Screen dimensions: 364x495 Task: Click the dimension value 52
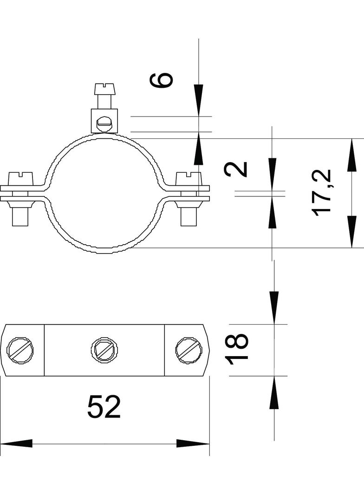coord(104,407)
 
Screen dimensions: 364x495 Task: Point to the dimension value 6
coord(161,79)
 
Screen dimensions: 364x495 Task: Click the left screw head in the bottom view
coord(21,351)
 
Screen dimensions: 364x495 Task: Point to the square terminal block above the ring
coord(104,121)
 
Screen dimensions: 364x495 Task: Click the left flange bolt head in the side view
coord(21,179)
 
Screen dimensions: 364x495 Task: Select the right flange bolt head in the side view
coord(189,179)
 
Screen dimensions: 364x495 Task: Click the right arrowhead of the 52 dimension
coord(193,443)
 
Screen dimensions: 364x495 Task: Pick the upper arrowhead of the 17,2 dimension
coord(351,155)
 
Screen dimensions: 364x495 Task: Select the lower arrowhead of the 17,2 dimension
coord(351,232)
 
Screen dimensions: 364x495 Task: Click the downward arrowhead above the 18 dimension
coord(274,308)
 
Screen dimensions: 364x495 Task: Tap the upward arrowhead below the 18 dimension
coord(274,392)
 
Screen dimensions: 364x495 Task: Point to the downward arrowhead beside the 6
coord(199,100)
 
